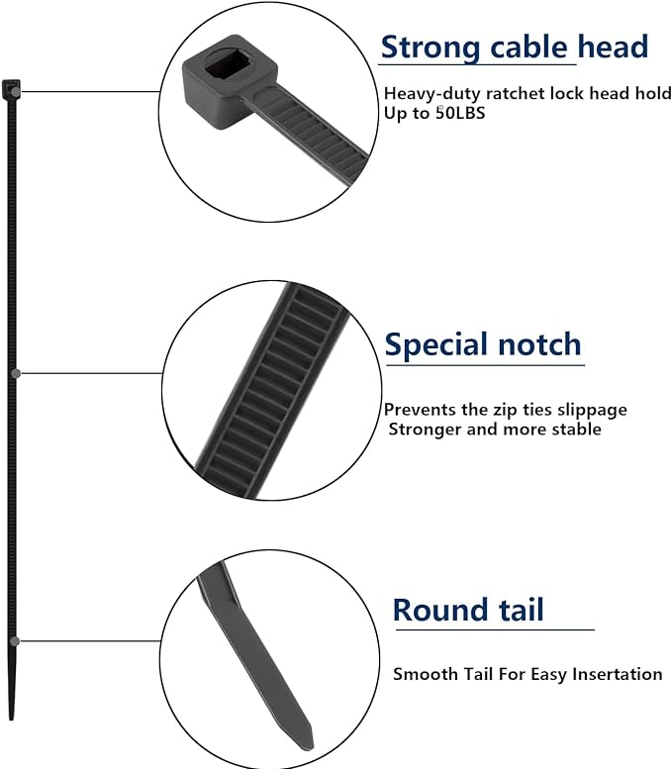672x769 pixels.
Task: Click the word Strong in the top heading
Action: [x=428, y=47]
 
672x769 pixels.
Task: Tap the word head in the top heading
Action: [x=614, y=47]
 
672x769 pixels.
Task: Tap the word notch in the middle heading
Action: [x=542, y=344]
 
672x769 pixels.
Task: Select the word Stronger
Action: [x=425, y=429]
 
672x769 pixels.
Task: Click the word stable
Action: [x=578, y=429]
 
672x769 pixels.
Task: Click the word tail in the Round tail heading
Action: [x=518, y=609]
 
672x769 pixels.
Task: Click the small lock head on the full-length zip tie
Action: [x=11, y=89]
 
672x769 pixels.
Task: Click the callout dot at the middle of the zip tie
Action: [x=16, y=373]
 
